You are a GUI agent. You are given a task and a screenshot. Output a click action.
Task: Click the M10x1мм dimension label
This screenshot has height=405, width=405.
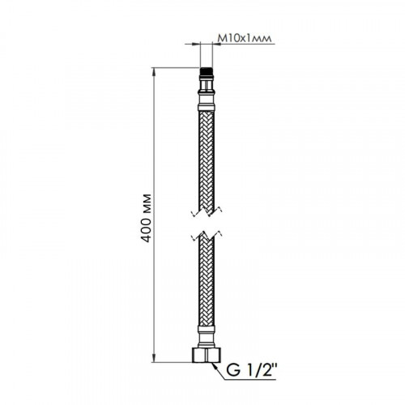(244, 39)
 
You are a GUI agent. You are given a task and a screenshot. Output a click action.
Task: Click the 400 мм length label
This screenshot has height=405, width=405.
(147, 218)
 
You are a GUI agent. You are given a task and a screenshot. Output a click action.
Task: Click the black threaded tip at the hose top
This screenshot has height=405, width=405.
(207, 72)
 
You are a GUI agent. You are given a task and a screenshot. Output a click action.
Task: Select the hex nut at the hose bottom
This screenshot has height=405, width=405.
(207, 355)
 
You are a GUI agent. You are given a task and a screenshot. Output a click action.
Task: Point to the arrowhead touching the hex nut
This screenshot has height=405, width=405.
(215, 365)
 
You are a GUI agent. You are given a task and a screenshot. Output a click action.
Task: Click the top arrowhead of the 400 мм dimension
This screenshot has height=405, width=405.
(154, 71)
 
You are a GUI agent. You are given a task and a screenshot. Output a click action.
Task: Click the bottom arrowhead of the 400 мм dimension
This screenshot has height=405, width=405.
(154, 358)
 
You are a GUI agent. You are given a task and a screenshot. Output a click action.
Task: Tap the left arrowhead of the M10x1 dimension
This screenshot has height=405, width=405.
(197, 44)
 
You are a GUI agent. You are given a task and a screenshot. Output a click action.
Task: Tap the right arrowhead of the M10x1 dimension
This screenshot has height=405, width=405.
(216, 44)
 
